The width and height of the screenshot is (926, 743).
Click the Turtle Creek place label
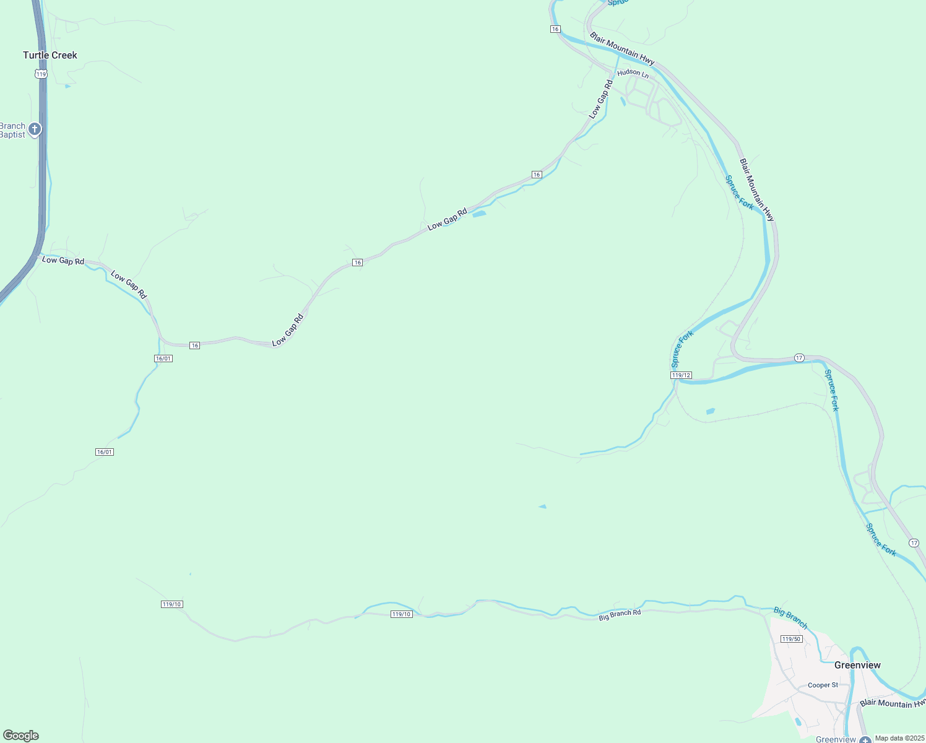(x=50, y=55)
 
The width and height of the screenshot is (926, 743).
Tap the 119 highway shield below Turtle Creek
(x=41, y=74)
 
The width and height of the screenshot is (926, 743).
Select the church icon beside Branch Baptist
(x=35, y=129)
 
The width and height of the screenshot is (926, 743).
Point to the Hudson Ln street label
(x=633, y=73)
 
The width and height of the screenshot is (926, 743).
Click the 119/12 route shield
(x=681, y=375)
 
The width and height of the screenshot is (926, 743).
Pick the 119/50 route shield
(x=792, y=639)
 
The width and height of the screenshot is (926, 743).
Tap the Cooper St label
(x=823, y=685)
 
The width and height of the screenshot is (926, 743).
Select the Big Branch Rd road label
(x=620, y=615)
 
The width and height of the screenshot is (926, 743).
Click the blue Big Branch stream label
(x=790, y=618)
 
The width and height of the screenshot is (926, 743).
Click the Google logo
(x=21, y=736)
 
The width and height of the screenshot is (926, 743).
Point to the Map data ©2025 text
(x=899, y=738)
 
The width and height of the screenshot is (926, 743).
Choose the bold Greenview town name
(x=857, y=665)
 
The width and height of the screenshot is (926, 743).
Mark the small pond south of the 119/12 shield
(x=711, y=411)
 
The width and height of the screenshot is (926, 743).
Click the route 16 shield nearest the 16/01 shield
(x=195, y=345)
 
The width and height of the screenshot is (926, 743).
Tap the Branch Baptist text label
(x=13, y=130)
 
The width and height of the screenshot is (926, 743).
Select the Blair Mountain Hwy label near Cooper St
(x=891, y=703)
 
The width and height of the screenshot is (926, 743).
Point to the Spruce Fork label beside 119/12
(x=683, y=349)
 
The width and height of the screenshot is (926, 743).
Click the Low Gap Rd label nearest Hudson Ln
(x=600, y=99)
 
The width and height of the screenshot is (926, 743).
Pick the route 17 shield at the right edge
(x=914, y=543)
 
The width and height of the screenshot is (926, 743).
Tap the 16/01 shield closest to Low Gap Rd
(x=163, y=358)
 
